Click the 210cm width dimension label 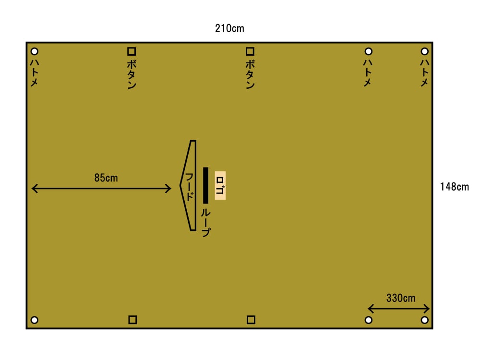[229, 29]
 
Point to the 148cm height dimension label [454, 187]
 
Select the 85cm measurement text [106, 178]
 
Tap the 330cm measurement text [401, 298]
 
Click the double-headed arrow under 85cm [101, 189]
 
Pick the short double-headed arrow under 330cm [398, 309]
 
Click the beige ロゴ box [220, 185]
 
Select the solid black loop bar [205, 185]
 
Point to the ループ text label [205, 222]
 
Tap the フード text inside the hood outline [190, 187]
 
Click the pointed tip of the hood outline [180, 185]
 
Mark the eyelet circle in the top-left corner [34, 51]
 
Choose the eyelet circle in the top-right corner [424, 51]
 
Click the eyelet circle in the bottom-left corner [34, 320]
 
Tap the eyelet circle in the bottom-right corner [424, 320]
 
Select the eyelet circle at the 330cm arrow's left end [369, 320]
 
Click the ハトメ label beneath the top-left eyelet [34, 72]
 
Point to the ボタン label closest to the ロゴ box [250, 74]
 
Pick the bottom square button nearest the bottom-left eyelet [132, 320]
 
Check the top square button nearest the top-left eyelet [132, 51]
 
